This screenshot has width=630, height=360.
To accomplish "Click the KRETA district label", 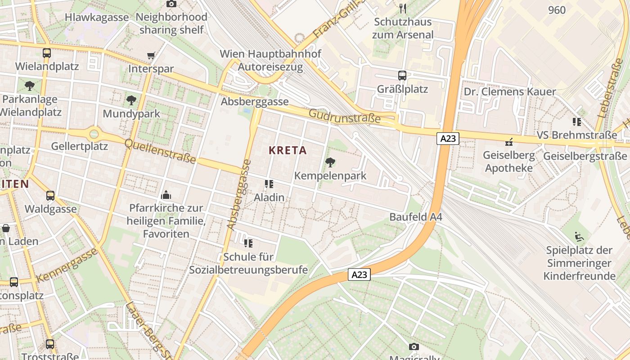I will click(288, 150).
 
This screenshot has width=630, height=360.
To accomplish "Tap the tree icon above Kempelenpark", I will click(330, 162).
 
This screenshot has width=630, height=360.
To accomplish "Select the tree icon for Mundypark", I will click(131, 100).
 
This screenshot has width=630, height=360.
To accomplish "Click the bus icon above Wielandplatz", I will click(47, 53).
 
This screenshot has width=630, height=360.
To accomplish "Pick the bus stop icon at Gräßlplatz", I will click(402, 76).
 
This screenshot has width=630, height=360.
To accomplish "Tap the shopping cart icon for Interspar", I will click(151, 56).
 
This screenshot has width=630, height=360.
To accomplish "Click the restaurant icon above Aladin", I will click(269, 184).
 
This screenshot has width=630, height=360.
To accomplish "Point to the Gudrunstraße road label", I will click(344, 117).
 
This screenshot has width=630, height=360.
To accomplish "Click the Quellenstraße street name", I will click(160, 151).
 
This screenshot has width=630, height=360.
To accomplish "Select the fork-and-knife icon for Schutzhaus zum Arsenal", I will click(403, 8).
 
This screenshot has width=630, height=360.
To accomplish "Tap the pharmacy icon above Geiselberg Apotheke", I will click(509, 142).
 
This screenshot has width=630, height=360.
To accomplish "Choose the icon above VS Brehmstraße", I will click(576, 121).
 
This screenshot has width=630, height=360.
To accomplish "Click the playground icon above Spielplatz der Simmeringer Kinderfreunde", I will click(579, 236).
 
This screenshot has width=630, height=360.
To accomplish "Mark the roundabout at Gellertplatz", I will click(94, 134).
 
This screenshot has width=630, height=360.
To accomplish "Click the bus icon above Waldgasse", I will click(50, 196).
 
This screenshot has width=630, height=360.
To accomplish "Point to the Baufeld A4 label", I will click(416, 217).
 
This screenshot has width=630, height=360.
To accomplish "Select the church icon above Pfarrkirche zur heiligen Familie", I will click(166, 195).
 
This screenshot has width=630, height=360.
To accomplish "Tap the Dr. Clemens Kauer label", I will click(510, 92).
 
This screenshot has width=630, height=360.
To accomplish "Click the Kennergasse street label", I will click(67, 265).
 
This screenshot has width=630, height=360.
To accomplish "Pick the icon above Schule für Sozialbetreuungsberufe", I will click(248, 243).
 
